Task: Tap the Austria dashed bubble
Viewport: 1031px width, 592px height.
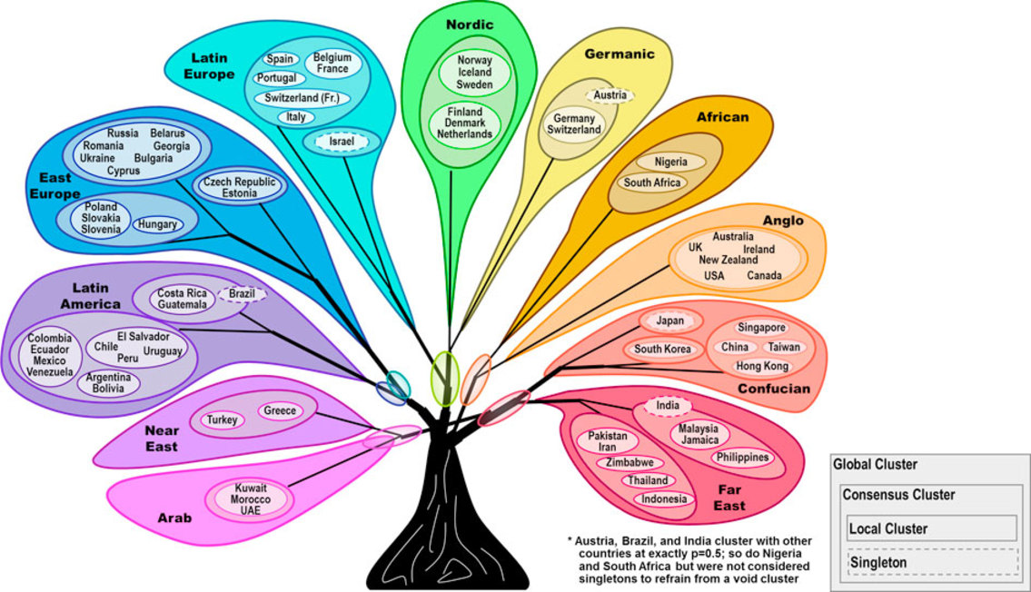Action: coord(609,95)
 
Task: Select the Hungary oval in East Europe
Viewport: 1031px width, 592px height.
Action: coord(158,224)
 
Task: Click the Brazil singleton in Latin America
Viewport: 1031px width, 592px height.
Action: coord(241,294)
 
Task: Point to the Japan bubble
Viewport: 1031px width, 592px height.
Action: coord(669,321)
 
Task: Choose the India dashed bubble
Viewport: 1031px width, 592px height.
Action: coord(669,405)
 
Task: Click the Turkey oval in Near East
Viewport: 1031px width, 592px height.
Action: coord(222,419)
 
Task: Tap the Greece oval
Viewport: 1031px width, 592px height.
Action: coord(280,410)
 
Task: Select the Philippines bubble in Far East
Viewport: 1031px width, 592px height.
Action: coord(741,458)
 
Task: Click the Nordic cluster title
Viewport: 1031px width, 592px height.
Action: coord(470,25)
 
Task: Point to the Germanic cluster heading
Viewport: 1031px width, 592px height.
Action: coord(620,54)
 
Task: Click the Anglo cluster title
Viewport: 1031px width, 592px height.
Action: coord(783,221)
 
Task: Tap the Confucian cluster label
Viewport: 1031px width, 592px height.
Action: coord(774,389)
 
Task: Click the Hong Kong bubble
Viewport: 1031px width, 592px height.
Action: coord(762,366)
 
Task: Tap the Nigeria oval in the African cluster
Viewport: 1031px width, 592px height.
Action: coord(670,162)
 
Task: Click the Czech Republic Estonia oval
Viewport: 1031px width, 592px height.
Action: coord(239,187)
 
